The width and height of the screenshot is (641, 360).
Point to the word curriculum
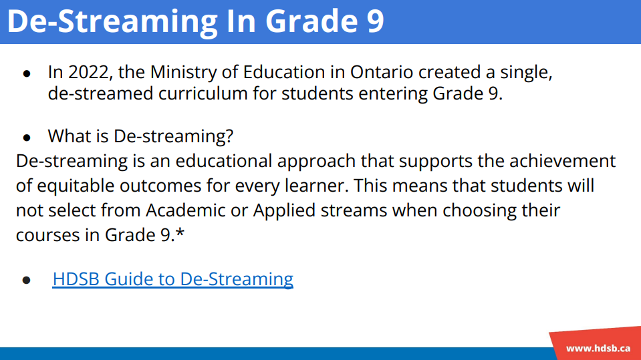pos(203,94)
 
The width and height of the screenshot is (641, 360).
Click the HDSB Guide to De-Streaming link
pos(173,279)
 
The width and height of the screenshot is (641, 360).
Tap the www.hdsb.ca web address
pos(598,349)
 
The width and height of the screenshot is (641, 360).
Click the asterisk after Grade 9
pos(180,233)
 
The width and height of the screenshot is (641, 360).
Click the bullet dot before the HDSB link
pos(27,280)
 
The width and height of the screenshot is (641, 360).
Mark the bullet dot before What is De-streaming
pos(27,138)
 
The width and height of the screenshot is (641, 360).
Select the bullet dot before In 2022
pos(27,74)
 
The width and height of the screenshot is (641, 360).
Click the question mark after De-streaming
pos(229,136)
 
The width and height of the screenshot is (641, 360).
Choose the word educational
pos(224,161)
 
